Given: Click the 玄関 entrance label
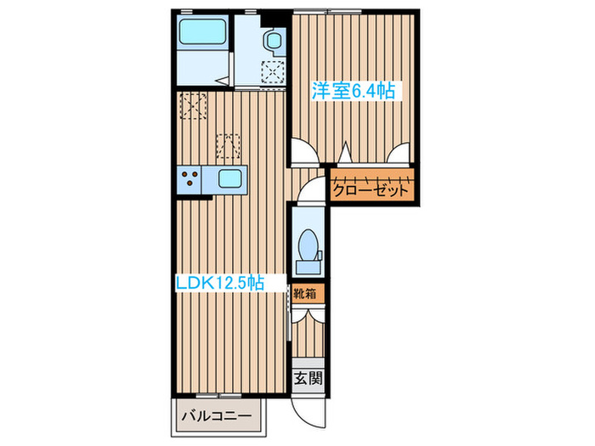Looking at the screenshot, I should coord(308,379).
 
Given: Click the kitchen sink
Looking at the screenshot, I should coord(230,179).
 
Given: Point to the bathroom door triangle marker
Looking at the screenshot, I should coord(223,77).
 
